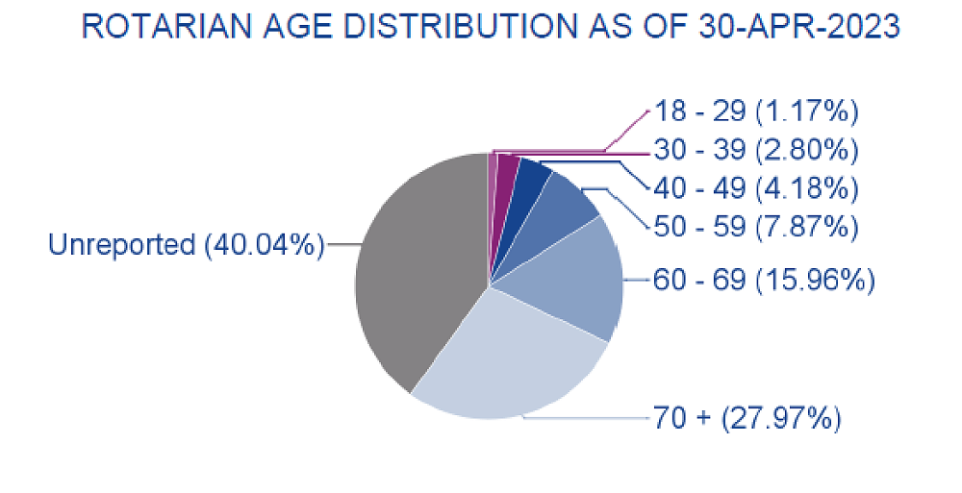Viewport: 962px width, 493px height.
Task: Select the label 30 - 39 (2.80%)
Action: [x=755, y=150]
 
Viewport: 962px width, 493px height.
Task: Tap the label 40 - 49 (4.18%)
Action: [x=755, y=187]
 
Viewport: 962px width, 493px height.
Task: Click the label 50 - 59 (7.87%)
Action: [x=755, y=227]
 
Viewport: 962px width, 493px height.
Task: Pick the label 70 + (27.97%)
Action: [x=747, y=419]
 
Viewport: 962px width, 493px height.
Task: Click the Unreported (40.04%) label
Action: [x=186, y=245]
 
